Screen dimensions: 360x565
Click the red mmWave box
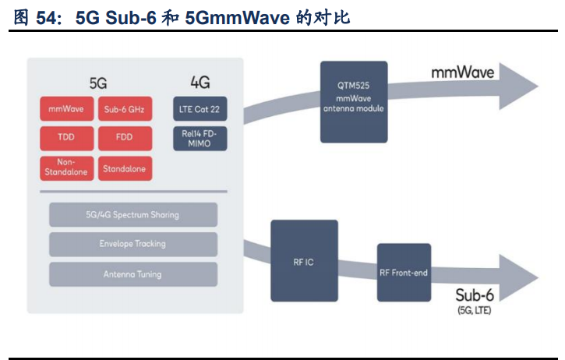[65, 109]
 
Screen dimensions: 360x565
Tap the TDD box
[65, 138]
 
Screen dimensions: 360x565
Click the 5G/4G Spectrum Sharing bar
[132, 214]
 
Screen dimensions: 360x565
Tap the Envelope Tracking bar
[132, 244]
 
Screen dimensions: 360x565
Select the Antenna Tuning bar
[132, 274]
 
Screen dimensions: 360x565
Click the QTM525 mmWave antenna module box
[354, 101]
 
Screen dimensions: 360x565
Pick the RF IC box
[304, 261]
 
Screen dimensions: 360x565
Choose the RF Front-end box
[404, 273]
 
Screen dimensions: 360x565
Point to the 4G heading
[200, 82]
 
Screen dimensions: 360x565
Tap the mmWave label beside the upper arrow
[463, 72]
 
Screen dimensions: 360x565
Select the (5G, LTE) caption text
[474, 310]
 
